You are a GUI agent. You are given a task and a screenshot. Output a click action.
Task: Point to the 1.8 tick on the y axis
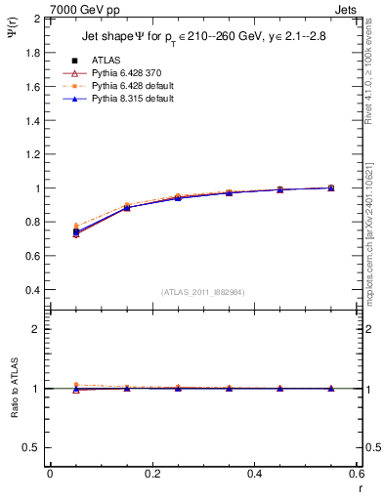(x=33, y=53)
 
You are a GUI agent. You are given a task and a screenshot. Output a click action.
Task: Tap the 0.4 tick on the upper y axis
(x=33, y=290)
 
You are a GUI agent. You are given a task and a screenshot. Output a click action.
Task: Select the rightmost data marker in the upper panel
(x=330, y=187)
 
